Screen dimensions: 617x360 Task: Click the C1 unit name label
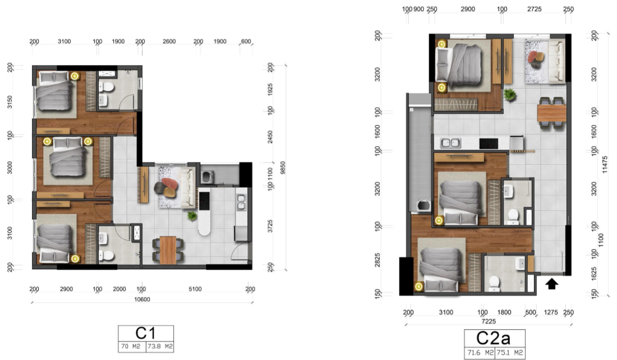(146, 333)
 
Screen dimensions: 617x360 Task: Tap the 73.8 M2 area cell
(160, 346)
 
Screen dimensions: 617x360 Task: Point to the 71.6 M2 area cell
(480, 353)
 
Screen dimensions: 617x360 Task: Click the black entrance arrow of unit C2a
(552, 283)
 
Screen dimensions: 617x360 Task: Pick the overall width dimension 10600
(142, 299)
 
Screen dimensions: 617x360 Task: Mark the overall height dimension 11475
(605, 164)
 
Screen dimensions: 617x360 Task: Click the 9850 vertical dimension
(283, 168)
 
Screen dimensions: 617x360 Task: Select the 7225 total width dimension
(489, 321)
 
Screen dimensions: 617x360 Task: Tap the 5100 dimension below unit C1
(195, 289)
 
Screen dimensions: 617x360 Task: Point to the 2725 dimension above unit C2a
(535, 9)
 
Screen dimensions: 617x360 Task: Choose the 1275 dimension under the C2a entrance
(551, 312)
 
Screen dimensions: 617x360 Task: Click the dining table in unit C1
(168, 250)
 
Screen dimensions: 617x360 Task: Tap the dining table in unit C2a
(552, 113)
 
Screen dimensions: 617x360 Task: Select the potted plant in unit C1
(192, 215)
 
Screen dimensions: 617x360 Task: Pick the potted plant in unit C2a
(510, 95)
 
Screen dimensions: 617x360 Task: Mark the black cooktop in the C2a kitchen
(489, 143)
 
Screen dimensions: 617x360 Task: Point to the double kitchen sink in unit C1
(241, 202)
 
